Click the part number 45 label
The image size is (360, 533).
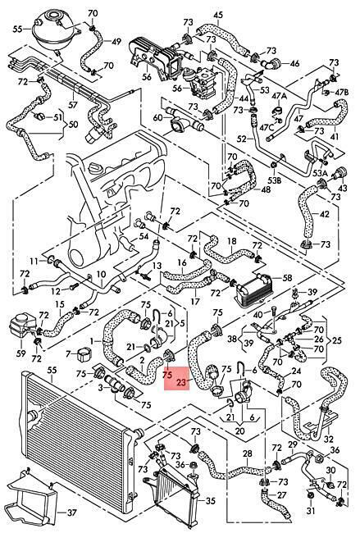(218, 15)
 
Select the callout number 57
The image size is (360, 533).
(73, 104)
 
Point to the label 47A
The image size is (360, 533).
(279, 96)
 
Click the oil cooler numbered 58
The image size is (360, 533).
(252, 289)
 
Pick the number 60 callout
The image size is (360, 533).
(158, 117)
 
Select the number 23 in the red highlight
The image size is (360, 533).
(182, 382)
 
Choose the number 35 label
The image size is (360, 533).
(211, 501)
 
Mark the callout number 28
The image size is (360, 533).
(248, 453)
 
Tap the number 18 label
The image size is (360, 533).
(232, 241)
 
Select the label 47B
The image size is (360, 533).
(342, 92)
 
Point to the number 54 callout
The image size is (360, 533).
(144, 236)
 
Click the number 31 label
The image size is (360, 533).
(311, 511)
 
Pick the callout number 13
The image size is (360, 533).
(157, 266)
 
